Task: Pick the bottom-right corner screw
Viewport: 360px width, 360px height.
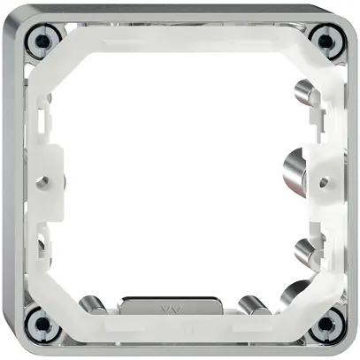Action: [x=326, y=322]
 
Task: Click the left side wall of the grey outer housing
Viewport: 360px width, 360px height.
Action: [x=11, y=181]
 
